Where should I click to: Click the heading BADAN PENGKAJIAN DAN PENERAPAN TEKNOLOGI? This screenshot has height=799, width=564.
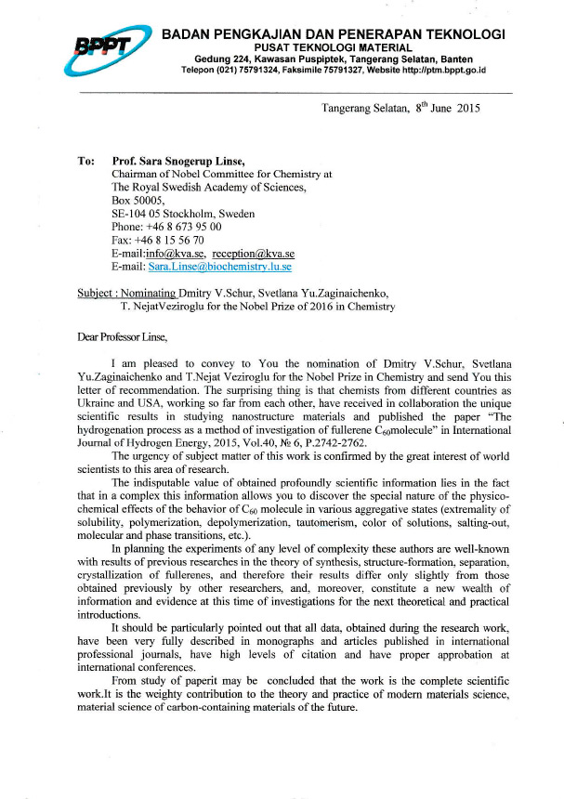(x=333, y=34)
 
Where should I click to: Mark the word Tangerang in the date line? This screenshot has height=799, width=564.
(x=348, y=110)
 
